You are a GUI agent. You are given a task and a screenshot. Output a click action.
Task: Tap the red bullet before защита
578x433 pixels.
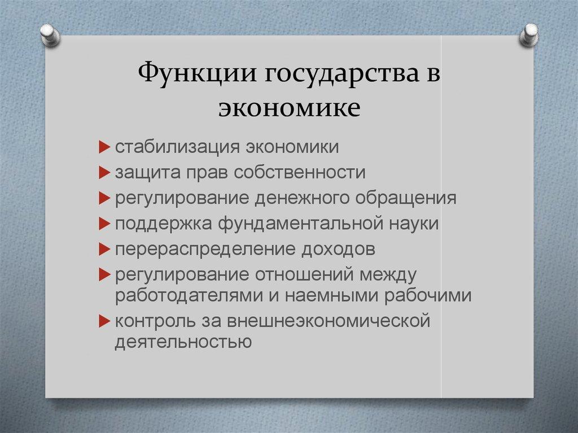[104, 173]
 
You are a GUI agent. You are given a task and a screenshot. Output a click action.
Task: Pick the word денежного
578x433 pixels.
[301, 198]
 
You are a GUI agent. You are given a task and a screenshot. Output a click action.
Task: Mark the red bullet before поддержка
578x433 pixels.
[104, 224]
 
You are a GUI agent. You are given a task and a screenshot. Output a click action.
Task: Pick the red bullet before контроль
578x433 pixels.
[104, 321]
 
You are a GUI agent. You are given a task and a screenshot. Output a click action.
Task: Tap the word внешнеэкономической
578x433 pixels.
[329, 321]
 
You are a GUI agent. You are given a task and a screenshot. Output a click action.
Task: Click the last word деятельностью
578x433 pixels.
[182, 342]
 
